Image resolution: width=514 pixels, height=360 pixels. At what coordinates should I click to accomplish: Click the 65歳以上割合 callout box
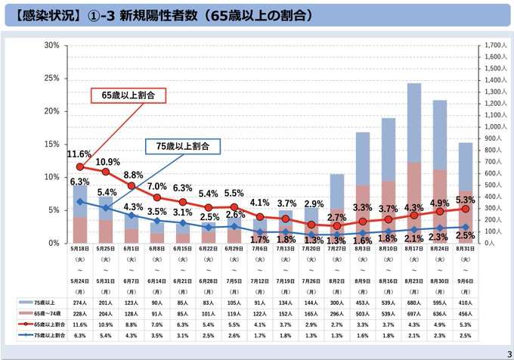(129, 95)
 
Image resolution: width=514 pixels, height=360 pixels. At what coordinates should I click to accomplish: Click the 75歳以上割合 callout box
(182, 145)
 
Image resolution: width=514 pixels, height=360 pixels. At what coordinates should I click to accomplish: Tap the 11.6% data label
(79, 154)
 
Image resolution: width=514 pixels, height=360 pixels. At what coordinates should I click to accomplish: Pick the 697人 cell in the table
(413, 312)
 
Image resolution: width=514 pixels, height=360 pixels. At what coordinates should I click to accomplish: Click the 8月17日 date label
(413, 248)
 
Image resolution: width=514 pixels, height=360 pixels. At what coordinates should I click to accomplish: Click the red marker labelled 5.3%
(465, 208)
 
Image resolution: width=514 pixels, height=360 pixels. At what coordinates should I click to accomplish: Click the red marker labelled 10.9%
(105, 172)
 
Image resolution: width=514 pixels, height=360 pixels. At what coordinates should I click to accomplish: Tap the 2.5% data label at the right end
(466, 237)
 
